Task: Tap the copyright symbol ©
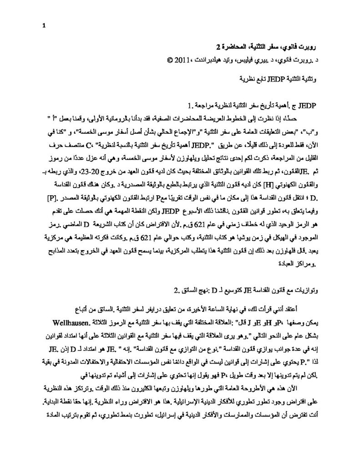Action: point(170,59)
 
